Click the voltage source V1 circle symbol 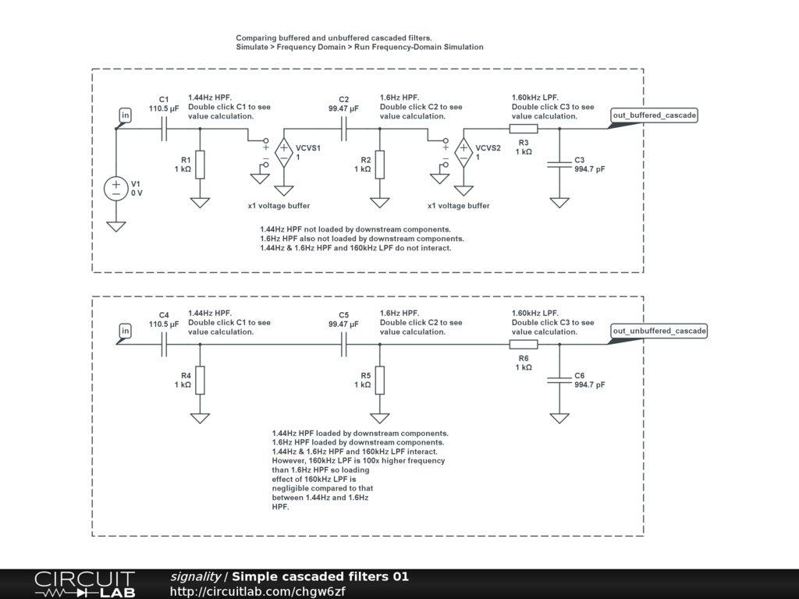click(x=116, y=189)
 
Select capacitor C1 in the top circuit click(x=164, y=129)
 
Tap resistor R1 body click(x=200, y=165)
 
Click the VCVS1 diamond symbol click(x=284, y=152)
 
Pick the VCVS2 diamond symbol click(x=463, y=152)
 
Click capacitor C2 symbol click(x=343, y=129)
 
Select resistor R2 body click(x=380, y=165)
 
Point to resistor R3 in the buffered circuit click(x=524, y=129)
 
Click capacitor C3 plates click(x=559, y=164)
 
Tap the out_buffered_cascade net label click(x=655, y=115)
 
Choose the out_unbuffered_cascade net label click(x=659, y=331)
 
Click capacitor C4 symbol click(x=164, y=344)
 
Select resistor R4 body click(x=200, y=380)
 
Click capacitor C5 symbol click(x=343, y=344)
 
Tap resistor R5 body click(x=380, y=380)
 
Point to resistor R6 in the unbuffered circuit click(x=524, y=344)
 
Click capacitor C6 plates click(x=559, y=380)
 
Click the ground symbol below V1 click(x=116, y=227)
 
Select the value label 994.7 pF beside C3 click(x=590, y=169)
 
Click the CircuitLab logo click(x=84, y=584)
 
